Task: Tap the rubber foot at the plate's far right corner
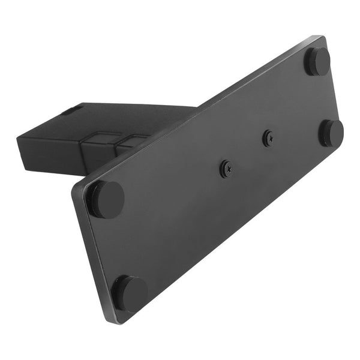[331, 133]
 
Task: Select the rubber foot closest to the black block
[106, 199]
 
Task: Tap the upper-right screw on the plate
[267, 138]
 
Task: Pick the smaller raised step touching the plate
[129, 142]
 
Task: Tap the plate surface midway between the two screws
[247, 154]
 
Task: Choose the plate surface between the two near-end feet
[118, 246]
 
